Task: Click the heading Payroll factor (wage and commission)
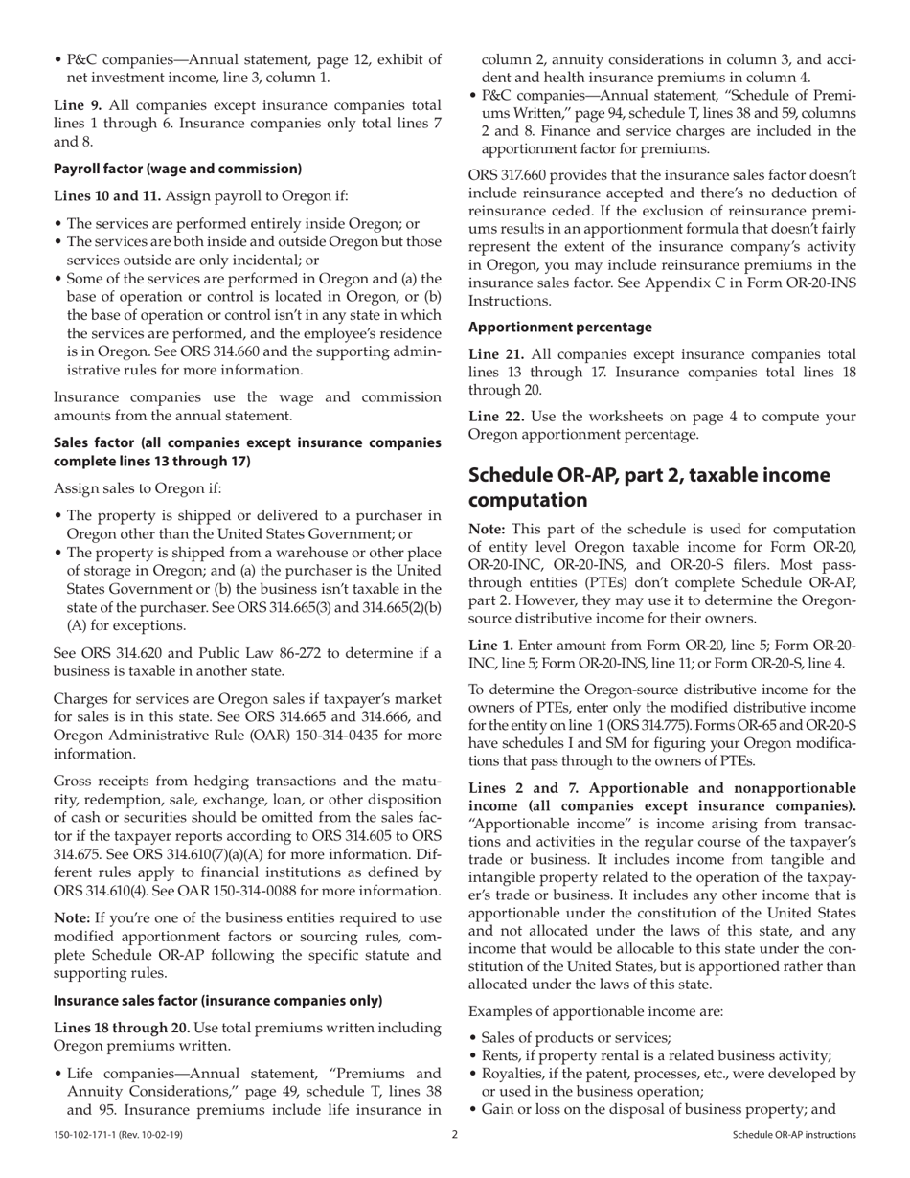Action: (177, 169)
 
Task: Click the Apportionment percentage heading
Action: (560, 327)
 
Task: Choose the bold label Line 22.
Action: (495, 415)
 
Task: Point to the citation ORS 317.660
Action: (512, 176)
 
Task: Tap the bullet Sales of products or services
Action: (576, 1037)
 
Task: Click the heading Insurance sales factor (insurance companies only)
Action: (217, 1001)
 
